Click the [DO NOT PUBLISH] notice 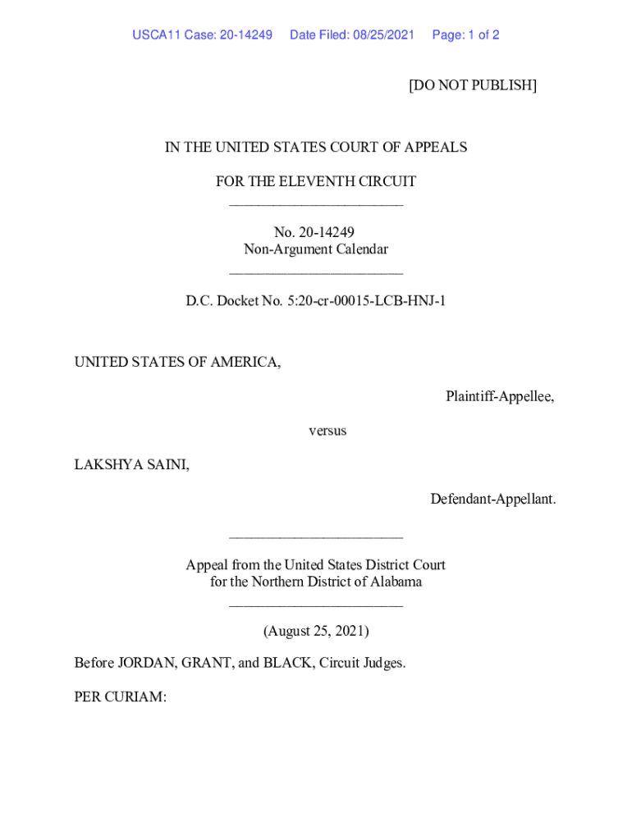[x=472, y=85]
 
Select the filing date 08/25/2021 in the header [x=384, y=35]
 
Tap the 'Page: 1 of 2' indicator [x=465, y=35]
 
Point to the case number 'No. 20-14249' [x=315, y=233]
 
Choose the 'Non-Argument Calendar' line [x=315, y=249]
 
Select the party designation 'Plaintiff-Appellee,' [x=500, y=396]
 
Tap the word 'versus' [x=327, y=431]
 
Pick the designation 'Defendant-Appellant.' [x=492, y=499]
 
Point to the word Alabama [x=394, y=582]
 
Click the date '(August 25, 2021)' [x=315, y=631]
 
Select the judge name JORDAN [x=144, y=663]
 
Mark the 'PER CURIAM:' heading [x=120, y=697]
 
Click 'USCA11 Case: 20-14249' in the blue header [x=202, y=35]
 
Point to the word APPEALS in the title [x=437, y=148]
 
